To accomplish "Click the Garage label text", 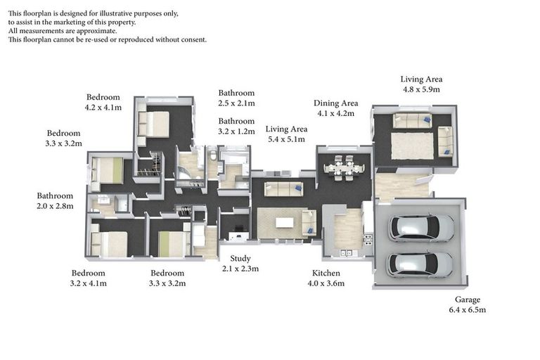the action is point(468,300).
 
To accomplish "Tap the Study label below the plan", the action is point(240,258).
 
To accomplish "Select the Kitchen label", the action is point(326,273).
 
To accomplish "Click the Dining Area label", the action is point(336,103).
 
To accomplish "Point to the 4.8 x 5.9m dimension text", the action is point(422,89).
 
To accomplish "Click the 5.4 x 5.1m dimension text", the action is point(287,139).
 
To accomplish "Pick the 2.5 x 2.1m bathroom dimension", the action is point(236,103).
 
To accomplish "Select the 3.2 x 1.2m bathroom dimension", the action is point(236,131).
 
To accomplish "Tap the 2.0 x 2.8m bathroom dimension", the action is point(55,206).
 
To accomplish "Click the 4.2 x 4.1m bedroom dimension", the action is point(103,108).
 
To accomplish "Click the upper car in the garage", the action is point(421,228).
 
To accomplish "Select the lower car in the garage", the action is point(420,264).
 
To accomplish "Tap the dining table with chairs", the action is point(344,168).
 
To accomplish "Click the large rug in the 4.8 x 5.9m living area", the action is point(412,146).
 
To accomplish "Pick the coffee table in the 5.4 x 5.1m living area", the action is point(285,223).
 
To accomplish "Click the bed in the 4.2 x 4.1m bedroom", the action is point(153,124).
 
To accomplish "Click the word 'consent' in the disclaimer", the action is point(193,39).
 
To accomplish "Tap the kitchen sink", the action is point(346,253).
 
